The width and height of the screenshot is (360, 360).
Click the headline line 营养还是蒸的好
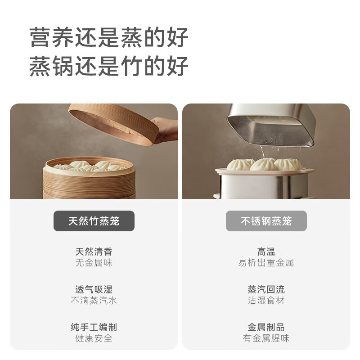pos(109,37)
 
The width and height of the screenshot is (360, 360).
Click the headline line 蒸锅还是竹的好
pos(109,66)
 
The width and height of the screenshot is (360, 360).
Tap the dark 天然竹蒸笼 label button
pos(94,221)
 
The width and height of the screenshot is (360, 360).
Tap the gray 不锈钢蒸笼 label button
pos(266,221)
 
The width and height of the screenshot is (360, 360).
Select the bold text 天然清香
pos(94,252)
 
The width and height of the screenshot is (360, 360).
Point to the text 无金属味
pos(94,263)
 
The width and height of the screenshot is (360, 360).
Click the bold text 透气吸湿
pos(94,289)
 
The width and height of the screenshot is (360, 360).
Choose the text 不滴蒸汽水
pos(94,301)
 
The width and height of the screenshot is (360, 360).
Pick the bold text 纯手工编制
pos(94,327)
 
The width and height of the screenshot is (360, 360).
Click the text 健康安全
pos(94,338)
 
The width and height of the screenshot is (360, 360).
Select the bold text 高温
pos(266,252)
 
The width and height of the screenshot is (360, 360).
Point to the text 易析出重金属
pos(266,263)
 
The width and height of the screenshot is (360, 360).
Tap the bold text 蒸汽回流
pos(266,289)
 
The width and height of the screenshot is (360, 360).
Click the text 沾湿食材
pos(266,301)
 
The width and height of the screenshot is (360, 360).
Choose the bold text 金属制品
pos(266,327)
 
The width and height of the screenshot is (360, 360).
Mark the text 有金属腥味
pos(266,338)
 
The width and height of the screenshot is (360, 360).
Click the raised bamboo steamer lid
pos(112,123)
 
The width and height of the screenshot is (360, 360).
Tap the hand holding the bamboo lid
pos(166,129)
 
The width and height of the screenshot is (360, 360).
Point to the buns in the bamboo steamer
pos(90,166)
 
